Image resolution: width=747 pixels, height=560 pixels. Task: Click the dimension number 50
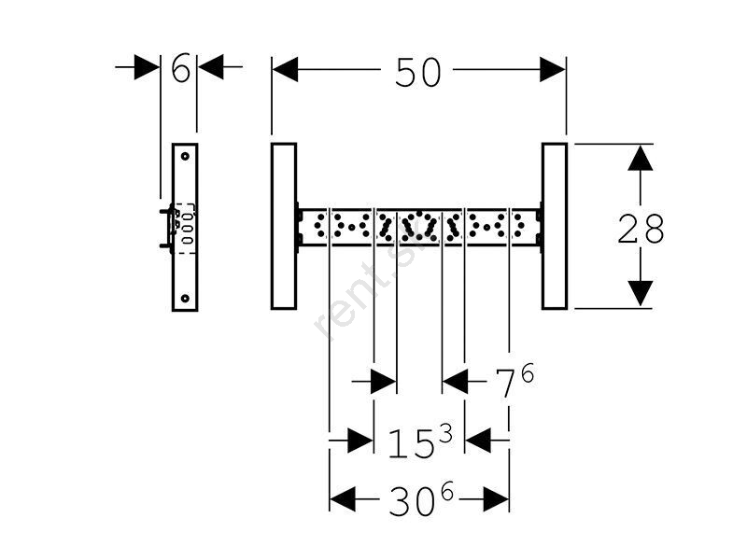coord(417,72)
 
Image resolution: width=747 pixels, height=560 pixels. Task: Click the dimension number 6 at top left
coord(180,67)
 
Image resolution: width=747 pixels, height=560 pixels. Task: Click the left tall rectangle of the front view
coord(284,226)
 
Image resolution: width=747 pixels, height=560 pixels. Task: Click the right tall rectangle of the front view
coord(554,226)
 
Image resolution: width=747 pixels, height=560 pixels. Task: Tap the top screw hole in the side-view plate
coord(186,155)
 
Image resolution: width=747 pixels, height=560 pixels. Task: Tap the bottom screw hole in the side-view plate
coord(186,299)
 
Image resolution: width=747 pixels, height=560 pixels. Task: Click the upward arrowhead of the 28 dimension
coord(640,157)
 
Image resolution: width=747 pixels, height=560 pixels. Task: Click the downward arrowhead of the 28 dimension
coord(640,294)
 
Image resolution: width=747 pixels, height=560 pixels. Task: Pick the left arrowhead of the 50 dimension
coord(285,69)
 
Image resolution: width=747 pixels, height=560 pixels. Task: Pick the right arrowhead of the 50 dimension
coord(553,69)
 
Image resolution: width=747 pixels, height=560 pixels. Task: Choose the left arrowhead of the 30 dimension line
coord(343,500)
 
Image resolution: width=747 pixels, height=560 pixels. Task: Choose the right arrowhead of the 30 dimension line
coord(497,500)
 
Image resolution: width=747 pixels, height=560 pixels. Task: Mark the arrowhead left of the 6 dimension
coord(147,67)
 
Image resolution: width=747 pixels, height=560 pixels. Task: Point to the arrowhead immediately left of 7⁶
coord(456,381)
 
